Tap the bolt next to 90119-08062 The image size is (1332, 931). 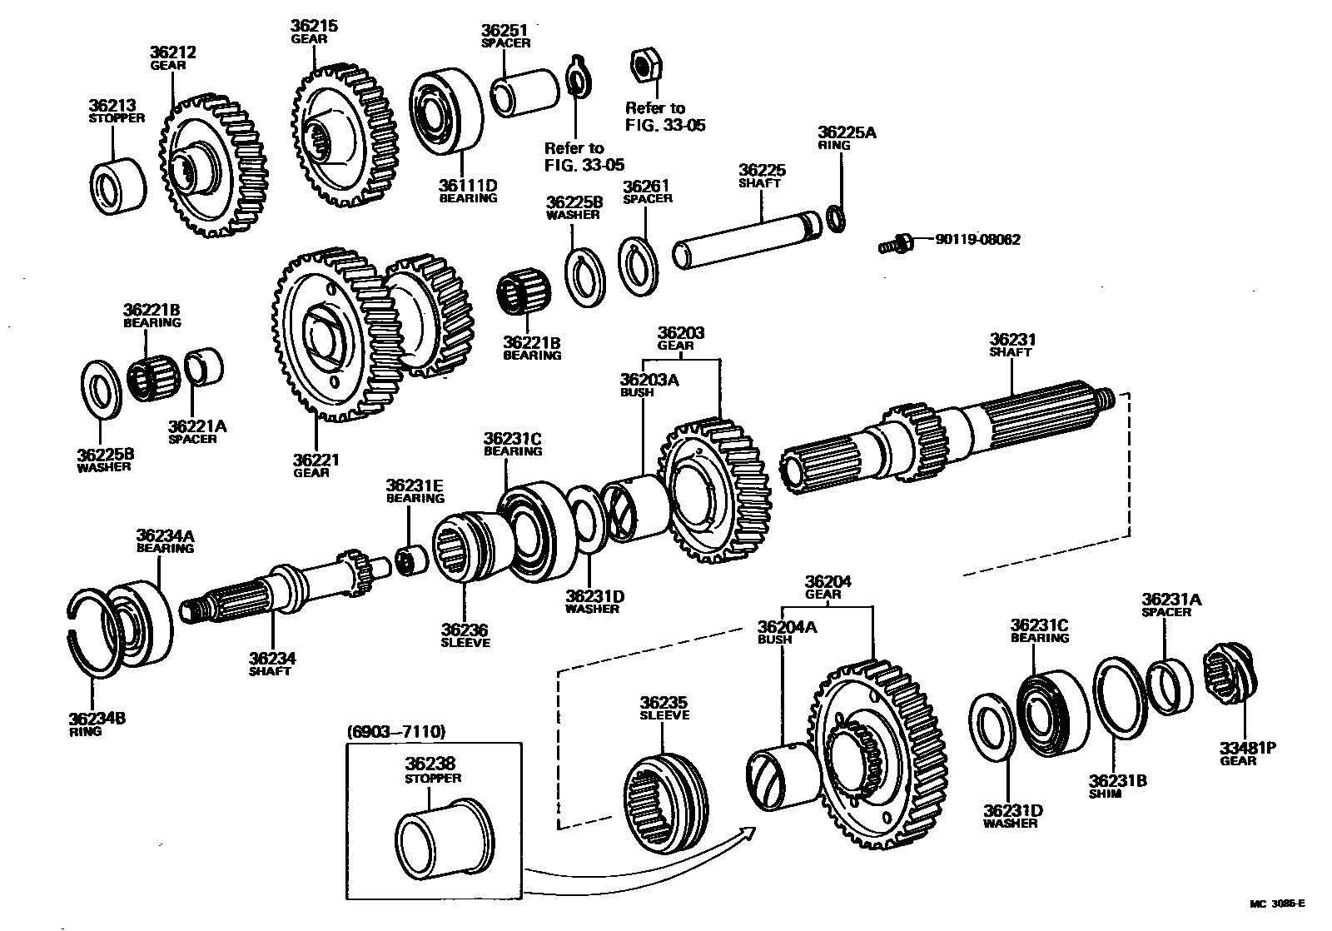[895, 244]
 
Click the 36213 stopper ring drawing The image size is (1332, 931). [117, 185]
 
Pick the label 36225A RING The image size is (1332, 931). [846, 137]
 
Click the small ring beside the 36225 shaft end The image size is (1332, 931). [837, 219]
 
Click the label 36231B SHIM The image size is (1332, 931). [1118, 787]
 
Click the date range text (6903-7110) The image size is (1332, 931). [395, 731]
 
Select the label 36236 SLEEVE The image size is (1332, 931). [465, 636]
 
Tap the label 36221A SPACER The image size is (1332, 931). [197, 432]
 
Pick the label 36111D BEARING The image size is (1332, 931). [468, 192]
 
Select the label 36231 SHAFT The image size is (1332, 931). [1011, 346]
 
